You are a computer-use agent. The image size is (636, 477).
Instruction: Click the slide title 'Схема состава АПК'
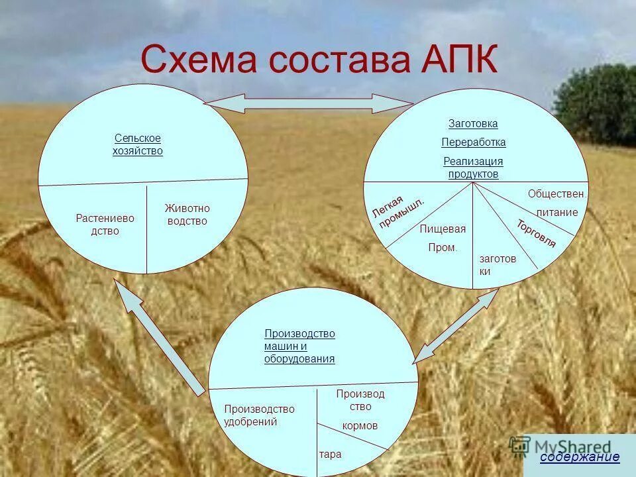click(x=319, y=60)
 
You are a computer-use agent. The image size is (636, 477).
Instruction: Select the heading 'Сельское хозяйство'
click(x=138, y=144)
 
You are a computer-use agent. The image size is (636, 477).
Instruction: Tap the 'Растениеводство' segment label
click(x=105, y=224)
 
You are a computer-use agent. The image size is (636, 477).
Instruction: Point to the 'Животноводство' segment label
click(x=187, y=215)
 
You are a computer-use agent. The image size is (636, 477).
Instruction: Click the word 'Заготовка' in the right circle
click(x=473, y=124)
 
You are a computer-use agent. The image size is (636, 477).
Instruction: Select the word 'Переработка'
click(x=474, y=142)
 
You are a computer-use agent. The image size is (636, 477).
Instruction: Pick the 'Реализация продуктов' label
click(x=473, y=168)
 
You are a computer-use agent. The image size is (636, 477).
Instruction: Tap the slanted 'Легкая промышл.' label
click(x=398, y=209)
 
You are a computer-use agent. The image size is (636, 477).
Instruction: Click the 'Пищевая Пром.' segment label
click(x=443, y=238)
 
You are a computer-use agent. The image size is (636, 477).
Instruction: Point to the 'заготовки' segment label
click(x=497, y=265)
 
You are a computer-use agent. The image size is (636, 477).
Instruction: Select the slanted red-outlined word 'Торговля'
click(x=537, y=233)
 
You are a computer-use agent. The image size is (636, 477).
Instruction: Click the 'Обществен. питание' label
click(x=557, y=203)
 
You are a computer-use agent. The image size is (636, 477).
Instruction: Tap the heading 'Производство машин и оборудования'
click(x=299, y=346)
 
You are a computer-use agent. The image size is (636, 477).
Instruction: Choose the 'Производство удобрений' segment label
click(x=259, y=415)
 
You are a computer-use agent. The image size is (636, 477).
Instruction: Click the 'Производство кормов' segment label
click(x=360, y=409)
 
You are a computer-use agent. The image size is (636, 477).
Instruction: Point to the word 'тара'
click(x=330, y=454)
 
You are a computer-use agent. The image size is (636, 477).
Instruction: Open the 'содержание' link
click(x=580, y=456)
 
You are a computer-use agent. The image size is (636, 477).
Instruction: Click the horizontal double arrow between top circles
click(x=308, y=103)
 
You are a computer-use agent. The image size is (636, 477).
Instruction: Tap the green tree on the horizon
click(x=597, y=103)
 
